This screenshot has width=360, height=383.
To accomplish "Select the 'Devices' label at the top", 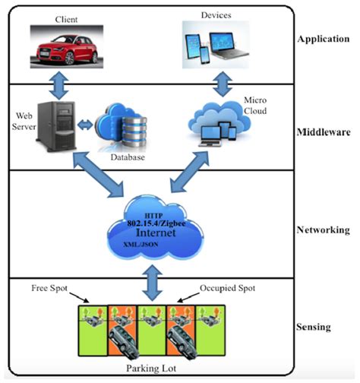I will point(215,15).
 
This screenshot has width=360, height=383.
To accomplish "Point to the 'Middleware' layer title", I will point(322,130).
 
